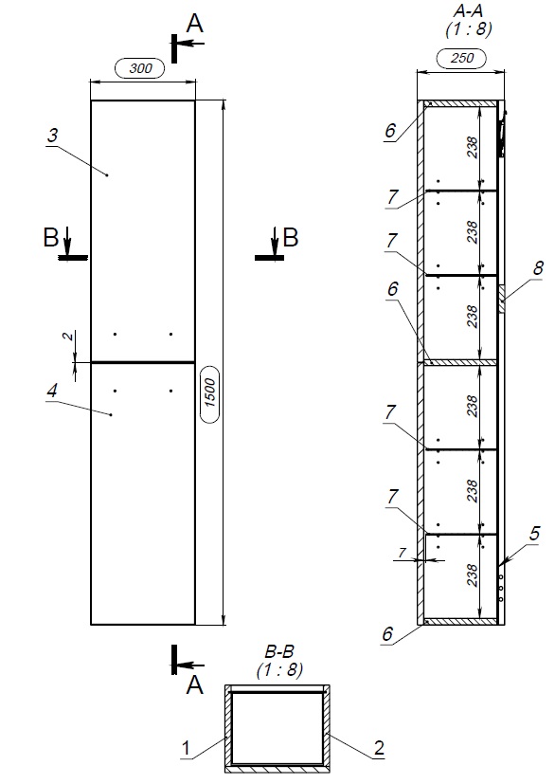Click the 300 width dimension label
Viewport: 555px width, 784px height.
click(140, 68)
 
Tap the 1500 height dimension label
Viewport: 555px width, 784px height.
click(210, 393)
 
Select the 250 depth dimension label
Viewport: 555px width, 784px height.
click(462, 58)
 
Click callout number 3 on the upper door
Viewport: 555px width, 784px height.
click(52, 136)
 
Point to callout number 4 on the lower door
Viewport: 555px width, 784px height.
click(52, 391)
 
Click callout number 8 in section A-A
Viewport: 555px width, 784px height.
click(538, 268)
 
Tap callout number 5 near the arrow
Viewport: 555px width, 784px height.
click(534, 534)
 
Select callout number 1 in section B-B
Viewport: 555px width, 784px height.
click(186, 749)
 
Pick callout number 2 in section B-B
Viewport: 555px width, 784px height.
click(379, 748)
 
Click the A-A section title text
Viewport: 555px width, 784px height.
click(468, 11)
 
